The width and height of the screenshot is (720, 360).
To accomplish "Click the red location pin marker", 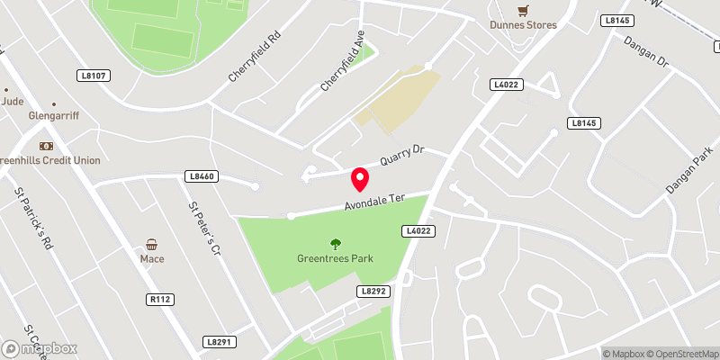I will click(361, 180).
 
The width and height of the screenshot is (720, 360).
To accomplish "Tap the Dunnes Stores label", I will click(523, 25).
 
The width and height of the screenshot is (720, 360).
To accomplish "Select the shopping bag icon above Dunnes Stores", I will click(523, 11).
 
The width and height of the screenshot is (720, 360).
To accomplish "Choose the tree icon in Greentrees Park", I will click(336, 243).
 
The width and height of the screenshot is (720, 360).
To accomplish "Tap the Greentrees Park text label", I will click(336, 259).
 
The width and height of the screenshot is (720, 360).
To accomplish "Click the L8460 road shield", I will click(202, 176).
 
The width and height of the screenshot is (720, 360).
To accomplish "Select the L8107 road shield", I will click(93, 76).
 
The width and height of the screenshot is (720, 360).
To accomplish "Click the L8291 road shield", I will click(219, 342).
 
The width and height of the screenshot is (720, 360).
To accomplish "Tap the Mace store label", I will click(151, 259).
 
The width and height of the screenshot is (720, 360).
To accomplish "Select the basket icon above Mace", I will click(151, 244).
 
